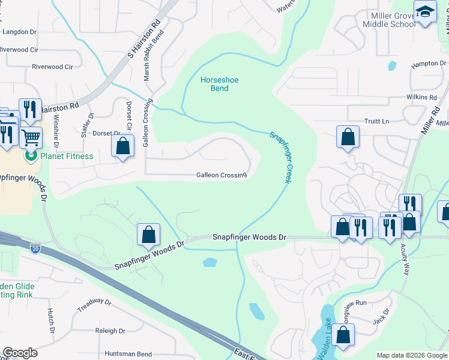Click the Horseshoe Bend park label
click(x=214, y=83)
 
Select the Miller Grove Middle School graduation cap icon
click(x=425, y=13)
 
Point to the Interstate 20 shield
click(x=36, y=247)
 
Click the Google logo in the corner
click(x=20, y=353)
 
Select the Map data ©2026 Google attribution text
click(x=412, y=355)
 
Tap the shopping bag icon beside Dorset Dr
click(x=122, y=146)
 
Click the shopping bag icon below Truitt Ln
click(x=348, y=137)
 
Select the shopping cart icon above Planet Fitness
click(x=31, y=137)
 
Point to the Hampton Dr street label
click(x=429, y=64)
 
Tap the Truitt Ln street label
click(x=376, y=121)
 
